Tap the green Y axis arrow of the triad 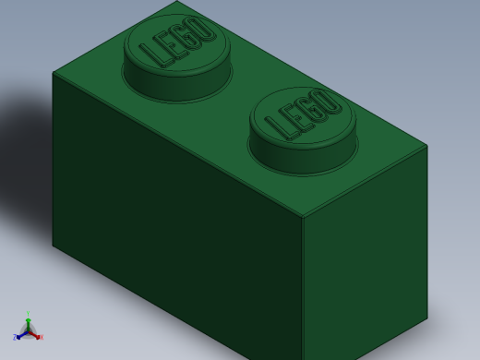pyautogui.click(x=28, y=321)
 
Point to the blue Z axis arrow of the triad pyautogui.click(x=18, y=336)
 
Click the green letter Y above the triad pyautogui.click(x=28, y=314)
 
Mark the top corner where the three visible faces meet pyautogui.click(x=303, y=218)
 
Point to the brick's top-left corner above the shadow pyautogui.click(x=53, y=72)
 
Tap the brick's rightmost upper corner pyautogui.click(x=427, y=145)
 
